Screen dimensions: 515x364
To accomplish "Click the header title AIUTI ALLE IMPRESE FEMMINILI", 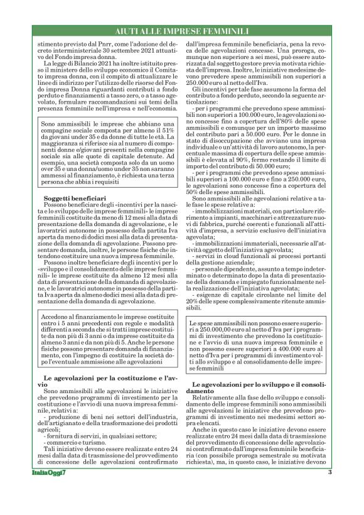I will tap(182, 31).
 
